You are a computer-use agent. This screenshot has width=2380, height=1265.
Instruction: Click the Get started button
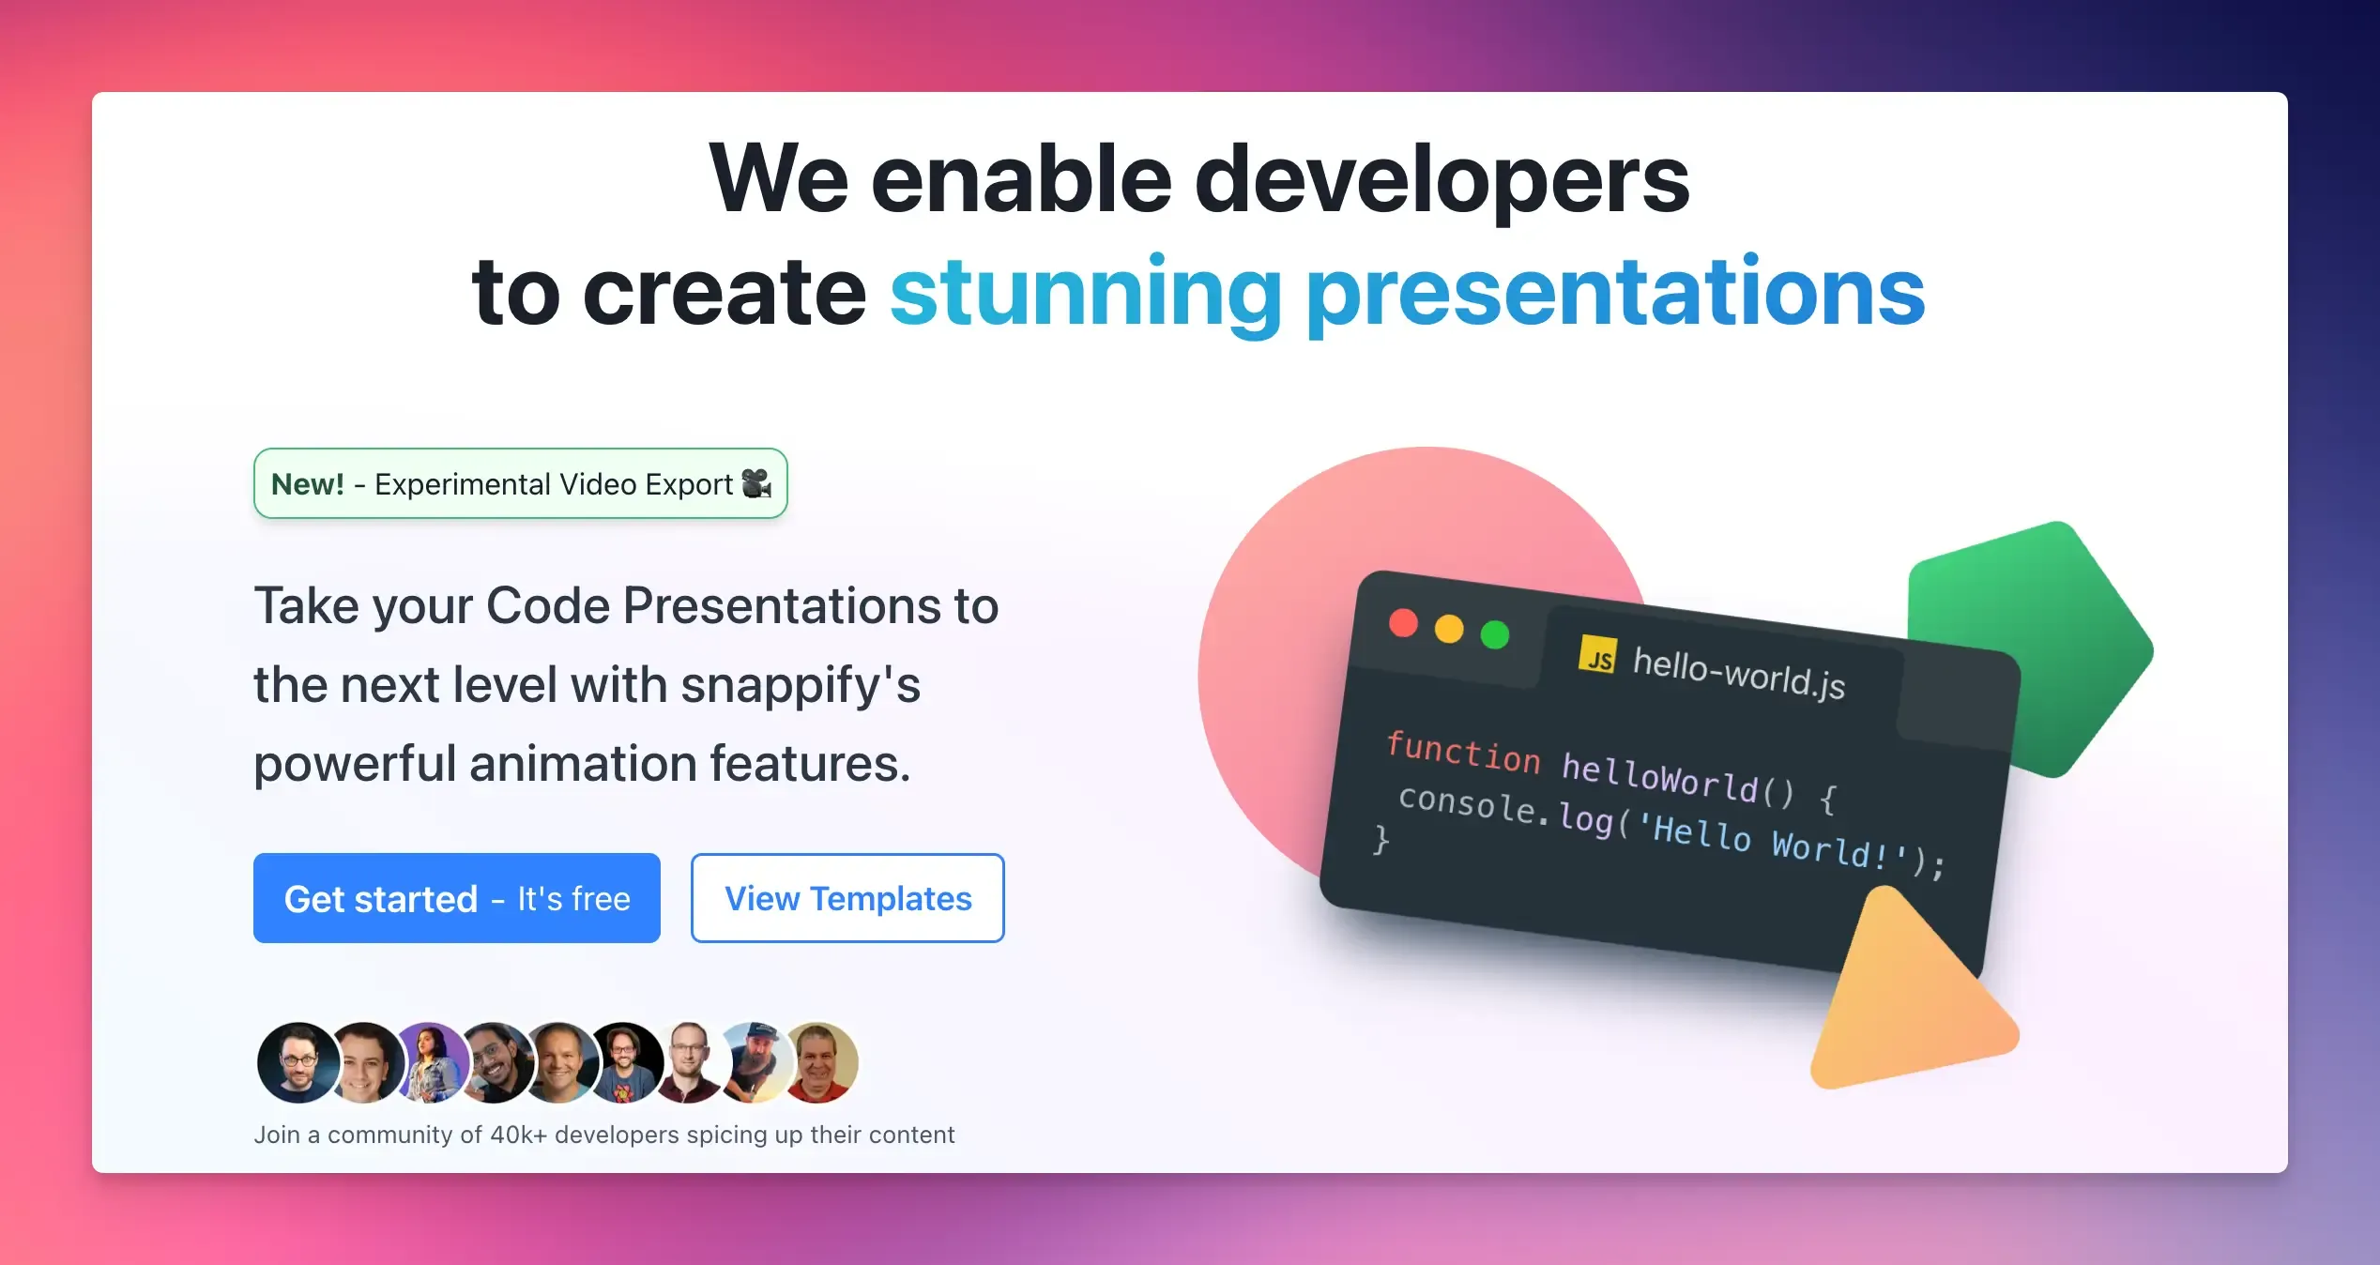point(457,898)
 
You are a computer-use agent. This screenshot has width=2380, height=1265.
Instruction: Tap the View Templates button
point(847,898)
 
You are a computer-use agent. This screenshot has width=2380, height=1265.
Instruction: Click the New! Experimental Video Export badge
point(521,483)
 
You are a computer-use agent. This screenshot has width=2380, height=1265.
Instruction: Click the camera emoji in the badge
point(756,483)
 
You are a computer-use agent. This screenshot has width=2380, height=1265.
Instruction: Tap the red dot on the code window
point(1403,623)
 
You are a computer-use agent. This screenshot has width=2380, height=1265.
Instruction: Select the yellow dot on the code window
point(1449,629)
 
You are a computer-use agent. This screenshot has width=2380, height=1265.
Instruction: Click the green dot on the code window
point(1495,634)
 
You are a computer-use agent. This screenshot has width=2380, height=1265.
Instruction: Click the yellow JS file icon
point(1597,655)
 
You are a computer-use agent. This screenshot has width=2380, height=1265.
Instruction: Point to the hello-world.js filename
point(1739,673)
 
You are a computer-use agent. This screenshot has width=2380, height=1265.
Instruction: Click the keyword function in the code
point(1464,753)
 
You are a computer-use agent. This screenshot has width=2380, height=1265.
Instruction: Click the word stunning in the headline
point(1086,293)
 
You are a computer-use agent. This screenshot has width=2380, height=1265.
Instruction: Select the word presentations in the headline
point(1615,293)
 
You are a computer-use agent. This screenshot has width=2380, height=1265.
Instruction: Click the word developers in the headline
point(1442,179)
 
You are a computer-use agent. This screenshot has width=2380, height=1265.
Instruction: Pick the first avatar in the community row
point(298,1062)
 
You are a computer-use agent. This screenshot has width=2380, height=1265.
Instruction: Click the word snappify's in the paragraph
point(801,685)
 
